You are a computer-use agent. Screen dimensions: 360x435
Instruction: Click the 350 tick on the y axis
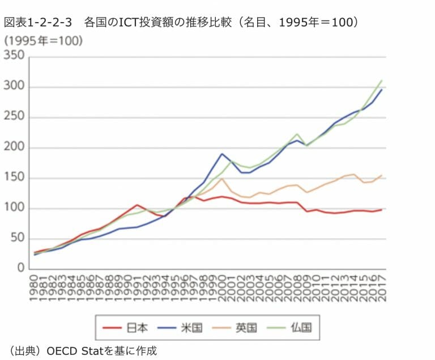point(15,56)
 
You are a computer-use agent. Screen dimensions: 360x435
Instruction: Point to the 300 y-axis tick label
point(15,87)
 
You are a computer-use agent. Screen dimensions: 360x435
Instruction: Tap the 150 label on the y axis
point(15,178)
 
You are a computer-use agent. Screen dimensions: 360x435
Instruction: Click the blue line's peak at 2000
point(222,154)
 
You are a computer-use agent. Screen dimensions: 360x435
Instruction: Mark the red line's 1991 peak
point(137,205)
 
